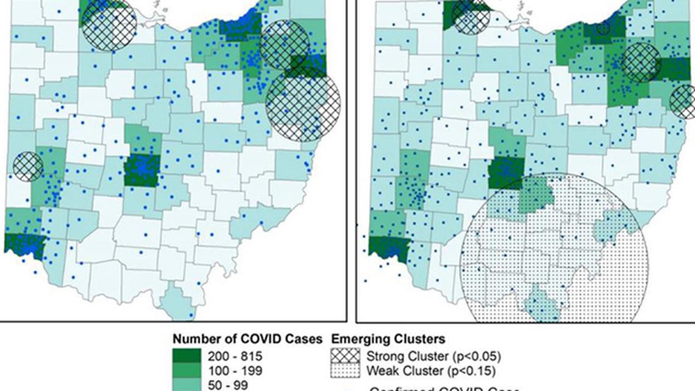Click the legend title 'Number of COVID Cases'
[x=248, y=339]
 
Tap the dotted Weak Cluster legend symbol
[x=344, y=370]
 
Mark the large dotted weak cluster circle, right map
[x=552, y=268]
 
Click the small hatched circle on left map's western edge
[x=28, y=166]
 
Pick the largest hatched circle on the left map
[x=303, y=104]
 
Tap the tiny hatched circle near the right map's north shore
[x=603, y=27]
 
